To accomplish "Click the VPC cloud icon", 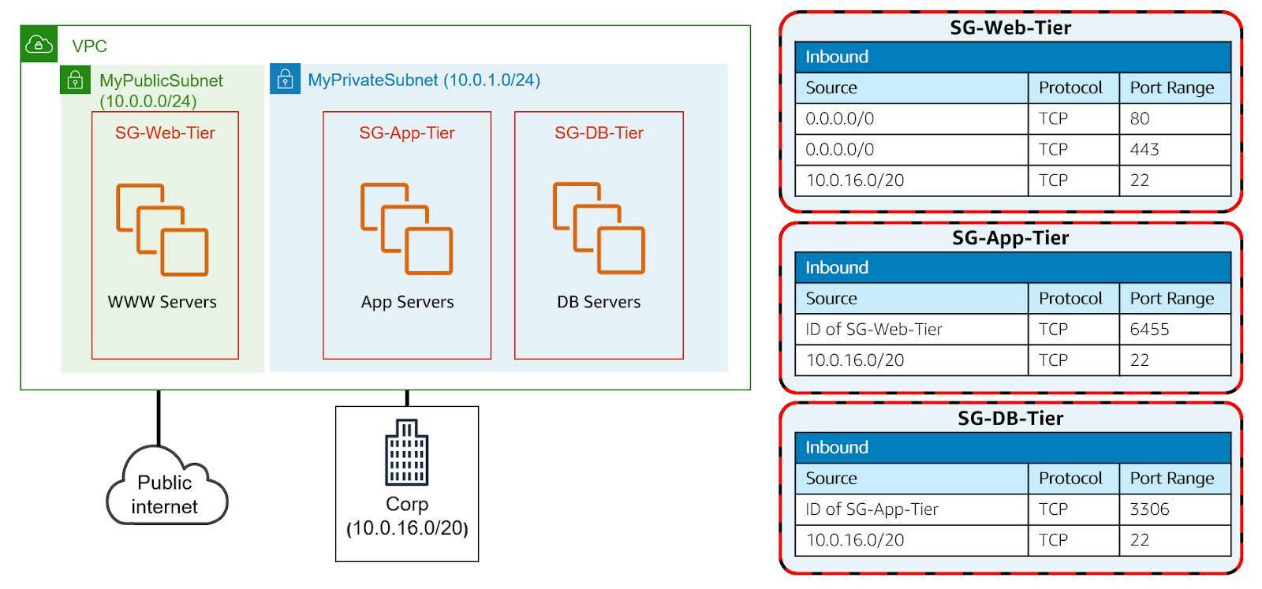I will (x=39, y=44).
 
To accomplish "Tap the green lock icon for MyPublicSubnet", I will (x=75, y=80).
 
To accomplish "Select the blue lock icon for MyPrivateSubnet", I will (x=285, y=79).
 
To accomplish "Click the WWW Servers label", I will (x=162, y=302).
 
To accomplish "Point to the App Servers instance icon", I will (x=406, y=229).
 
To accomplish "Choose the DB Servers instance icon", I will (x=599, y=229).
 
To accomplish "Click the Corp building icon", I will (x=406, y=453).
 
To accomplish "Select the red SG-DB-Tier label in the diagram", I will (x=599, y=132).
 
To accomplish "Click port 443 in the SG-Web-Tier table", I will (x=1144, y=149).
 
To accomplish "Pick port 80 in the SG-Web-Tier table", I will (x=1140, y=118).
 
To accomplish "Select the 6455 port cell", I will (x=1149, y=329).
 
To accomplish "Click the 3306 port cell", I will (x=1149, y=509).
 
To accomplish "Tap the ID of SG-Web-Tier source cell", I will (x=873, y=329).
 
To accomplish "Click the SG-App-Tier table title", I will (x=1010, y=237).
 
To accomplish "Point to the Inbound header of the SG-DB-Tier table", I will (x=837, y=447).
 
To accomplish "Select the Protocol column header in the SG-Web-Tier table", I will (x=1070, y=88).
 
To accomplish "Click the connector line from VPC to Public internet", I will (x=159, y=418).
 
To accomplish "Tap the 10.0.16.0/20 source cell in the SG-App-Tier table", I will (x=855, y=360).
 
